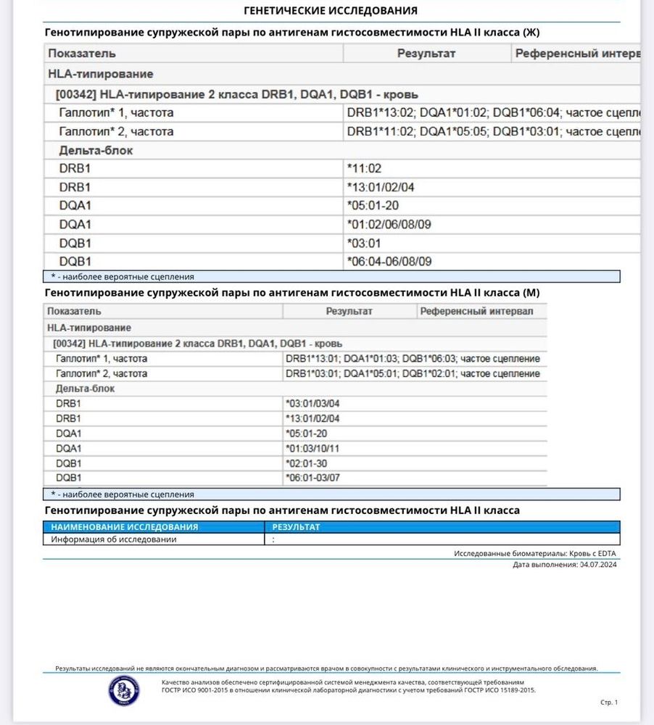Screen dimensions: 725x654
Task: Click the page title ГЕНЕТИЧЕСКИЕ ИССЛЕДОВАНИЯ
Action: pyautogui.click(x=331, y=10)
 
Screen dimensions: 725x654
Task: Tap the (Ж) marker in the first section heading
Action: pyautogui.click(x=531, y=33)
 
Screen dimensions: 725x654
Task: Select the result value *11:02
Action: pyautogui.click(x=364, y=168)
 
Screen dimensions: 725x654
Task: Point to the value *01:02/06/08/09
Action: pyautogui.click(x=389, y=224)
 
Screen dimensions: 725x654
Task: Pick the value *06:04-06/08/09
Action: pyautogui.click(x=389, y=262)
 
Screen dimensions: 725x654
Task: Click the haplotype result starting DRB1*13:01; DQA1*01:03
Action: pyautogui.click(x=413, y=359)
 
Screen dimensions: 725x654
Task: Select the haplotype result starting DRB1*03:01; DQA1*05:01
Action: pyautogui.click(x=413, y=374)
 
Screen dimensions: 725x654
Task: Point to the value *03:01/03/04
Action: pyautogui.click(x=312, y=404)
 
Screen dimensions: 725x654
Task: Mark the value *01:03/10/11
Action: pyautogui.click(x=312, y=448)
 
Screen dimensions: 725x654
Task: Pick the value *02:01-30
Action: pyautogui.click(x=306, y=463)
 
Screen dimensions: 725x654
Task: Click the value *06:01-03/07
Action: pyautogui.click(x=312, y=478)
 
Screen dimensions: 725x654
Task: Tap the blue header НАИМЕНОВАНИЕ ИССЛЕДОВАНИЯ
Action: pyautogui.click(x=125, y=527)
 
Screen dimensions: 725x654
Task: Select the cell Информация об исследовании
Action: pyautogui.click(x=114, y=539)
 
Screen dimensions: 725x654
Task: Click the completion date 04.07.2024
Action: pyautogui.click(x=598, y=564)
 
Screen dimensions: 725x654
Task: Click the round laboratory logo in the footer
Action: pyautogui.click(x=124, y=690)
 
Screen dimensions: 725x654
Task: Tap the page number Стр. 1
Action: pyautogui.click(x=609, y=702)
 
